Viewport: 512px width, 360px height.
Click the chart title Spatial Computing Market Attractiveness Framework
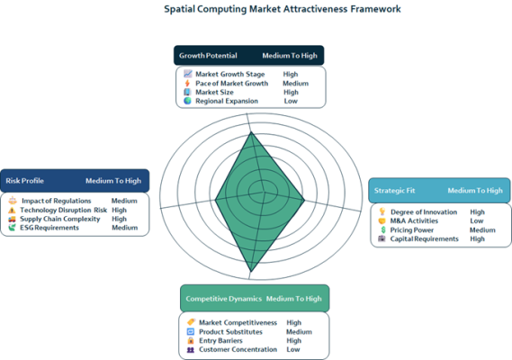coord(283,9)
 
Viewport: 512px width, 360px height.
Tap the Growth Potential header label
coord(208,56)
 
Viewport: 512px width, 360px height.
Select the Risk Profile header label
coord(25,181)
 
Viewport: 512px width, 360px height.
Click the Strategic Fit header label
coord(394,191)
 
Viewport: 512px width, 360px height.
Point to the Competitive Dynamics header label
coord(224,299)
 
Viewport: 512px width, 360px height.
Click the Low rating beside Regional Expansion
coord(291,101)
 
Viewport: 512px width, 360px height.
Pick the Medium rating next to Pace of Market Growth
coord(295,84)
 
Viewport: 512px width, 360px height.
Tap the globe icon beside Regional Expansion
coord(187,101)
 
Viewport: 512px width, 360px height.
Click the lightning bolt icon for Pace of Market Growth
coord(187,84)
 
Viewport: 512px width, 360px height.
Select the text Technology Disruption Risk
coord(63,210)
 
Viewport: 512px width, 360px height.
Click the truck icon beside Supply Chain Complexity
coord(12,219)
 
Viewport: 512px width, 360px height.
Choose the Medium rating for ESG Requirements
coord(125,228)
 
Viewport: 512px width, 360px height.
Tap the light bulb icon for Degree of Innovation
coord(382,211)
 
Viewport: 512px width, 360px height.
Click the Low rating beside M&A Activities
coord(477,220)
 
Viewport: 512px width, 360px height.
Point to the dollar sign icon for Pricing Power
coord(383,229)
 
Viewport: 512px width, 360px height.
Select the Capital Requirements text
coord(424,238)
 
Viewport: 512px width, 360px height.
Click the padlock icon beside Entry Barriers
coord(191,340)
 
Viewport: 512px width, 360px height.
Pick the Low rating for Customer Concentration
coord(293,349)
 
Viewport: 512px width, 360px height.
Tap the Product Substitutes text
coord(230,332)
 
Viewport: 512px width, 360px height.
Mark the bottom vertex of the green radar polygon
coord(251,272)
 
